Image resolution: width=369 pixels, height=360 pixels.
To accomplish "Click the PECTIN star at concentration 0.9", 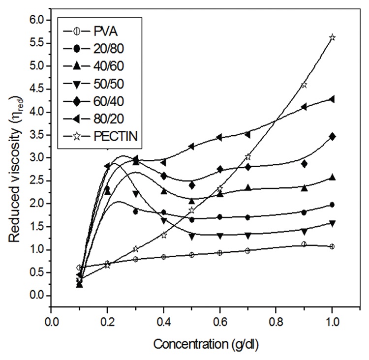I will pos(304,85).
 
